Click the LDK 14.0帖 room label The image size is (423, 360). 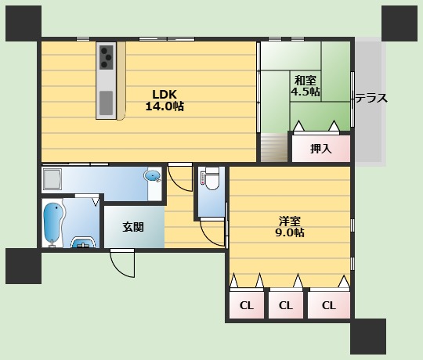(x=164, y=100)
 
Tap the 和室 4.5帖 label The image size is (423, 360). (x=305, y=86)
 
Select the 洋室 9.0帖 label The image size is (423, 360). (x=290, y=227)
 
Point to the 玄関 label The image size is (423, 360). (x=133, y=227)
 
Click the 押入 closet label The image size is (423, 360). (x=320, y=149)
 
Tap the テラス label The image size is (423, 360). (x=371, y=98)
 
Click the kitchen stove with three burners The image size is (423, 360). (x=107, y=57)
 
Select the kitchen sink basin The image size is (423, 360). (x=106, y=103)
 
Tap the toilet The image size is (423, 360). (x=211, y=178)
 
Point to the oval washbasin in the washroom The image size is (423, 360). (x=153, y=176)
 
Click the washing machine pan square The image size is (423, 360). (x=52, y=178)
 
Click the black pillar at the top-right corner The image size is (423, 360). (x=399, y=23)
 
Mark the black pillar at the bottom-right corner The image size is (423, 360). (x=368, y=337)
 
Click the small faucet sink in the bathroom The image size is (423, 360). (x=83, y=243)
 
